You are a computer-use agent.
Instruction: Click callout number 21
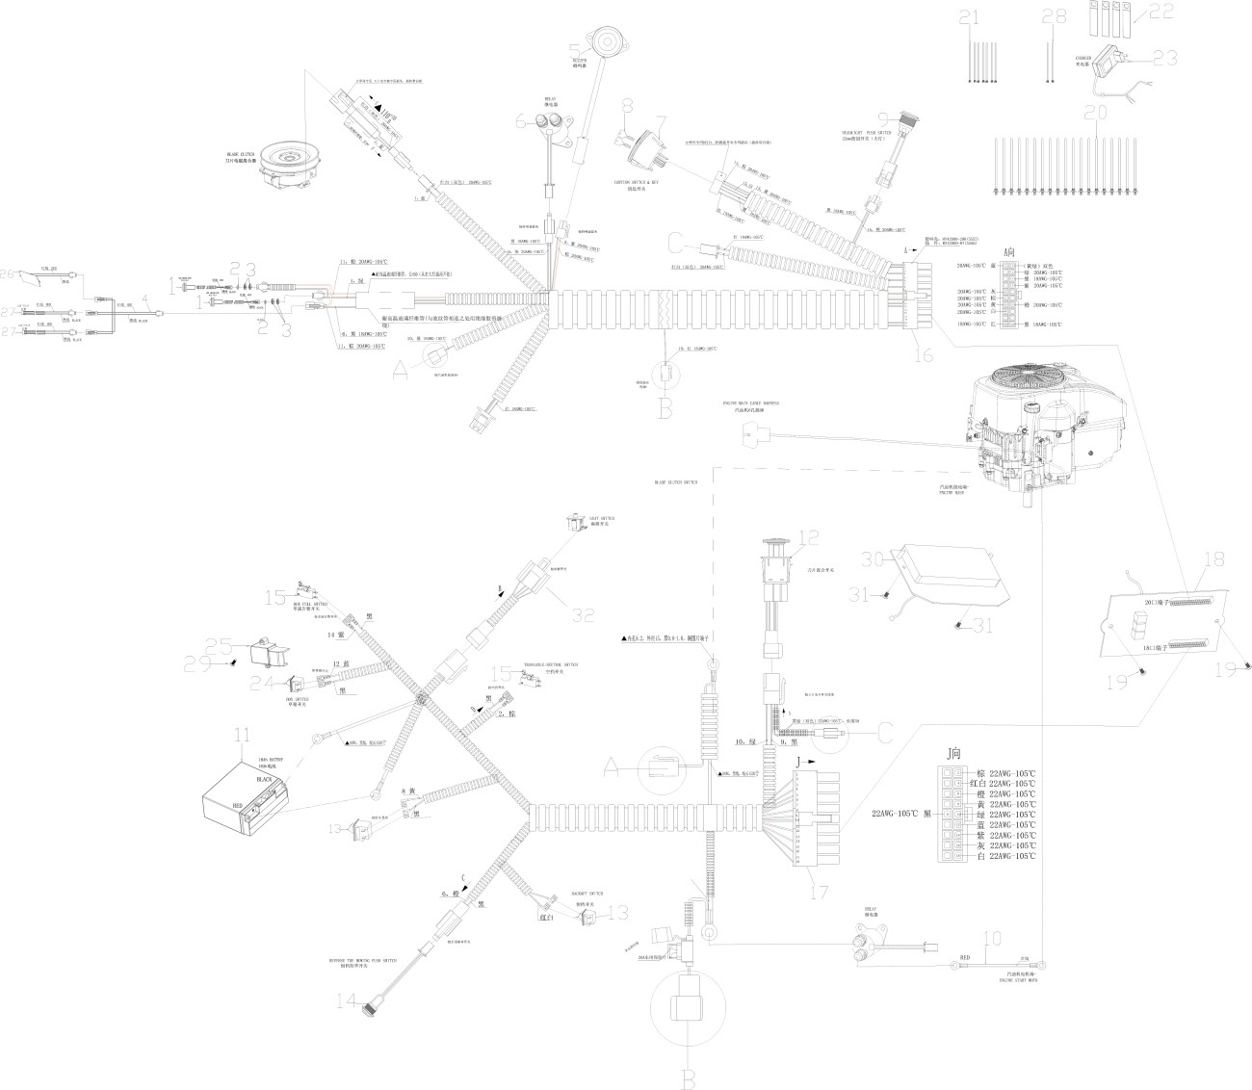click(x=969, y=16)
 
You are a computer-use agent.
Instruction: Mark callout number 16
click(x=922, y=355)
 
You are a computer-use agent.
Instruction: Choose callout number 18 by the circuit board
click(x=1213, y=558)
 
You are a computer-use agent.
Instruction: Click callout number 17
click(x=820, y=892)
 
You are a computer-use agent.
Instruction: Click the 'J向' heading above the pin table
click(x=953, y=754)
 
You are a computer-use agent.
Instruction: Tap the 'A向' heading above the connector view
click(x=1008, y=251)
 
